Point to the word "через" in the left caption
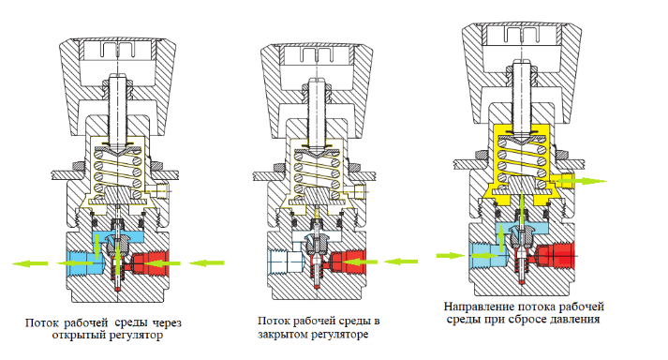(x=167, y=322)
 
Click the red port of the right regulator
(x=555, y=255)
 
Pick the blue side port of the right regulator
(x=488, y=255)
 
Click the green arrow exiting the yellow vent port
(x=581, y=181)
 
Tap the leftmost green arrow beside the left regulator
(x=30, y=263)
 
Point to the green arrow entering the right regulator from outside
(x=451, y=256)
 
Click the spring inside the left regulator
(x=118, y=172)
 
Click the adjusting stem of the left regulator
(x=117, y=109)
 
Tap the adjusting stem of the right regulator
(x=522, y=96)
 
